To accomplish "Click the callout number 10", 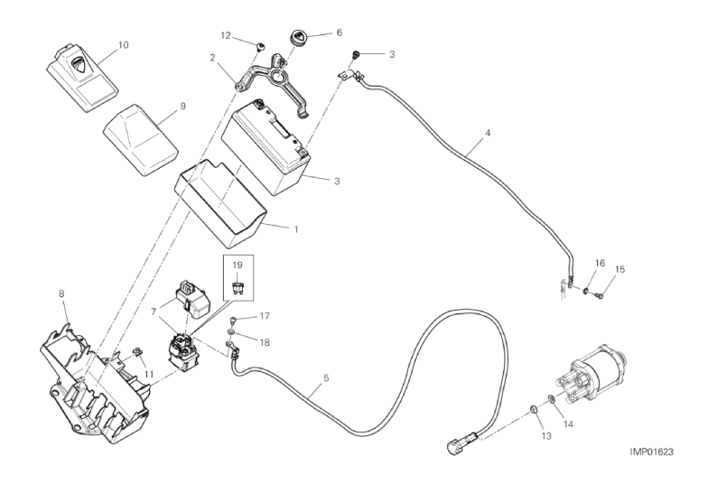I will tap(123, 44).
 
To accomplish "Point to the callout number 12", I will tap(226, 35).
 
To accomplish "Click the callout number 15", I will tap(619, 269).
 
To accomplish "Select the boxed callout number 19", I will tap(238, 265).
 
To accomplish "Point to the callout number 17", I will tap(265, 316).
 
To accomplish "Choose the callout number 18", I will tap(265, 343).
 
